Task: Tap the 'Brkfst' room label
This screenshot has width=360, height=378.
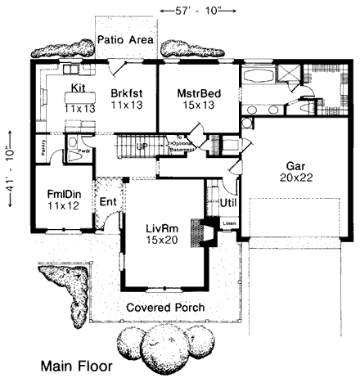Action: pyautogui.click(x=126, y=94)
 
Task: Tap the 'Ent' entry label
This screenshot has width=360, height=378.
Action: pyautogui.click(x=107, y=202)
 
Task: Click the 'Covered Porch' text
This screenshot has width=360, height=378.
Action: pyautogui.click(x=165, y=308)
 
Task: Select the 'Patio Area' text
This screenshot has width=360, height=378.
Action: pyautogui.click(x=126, y=39)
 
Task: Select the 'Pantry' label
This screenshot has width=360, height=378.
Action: pyautogui.click(x=42, y=147)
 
